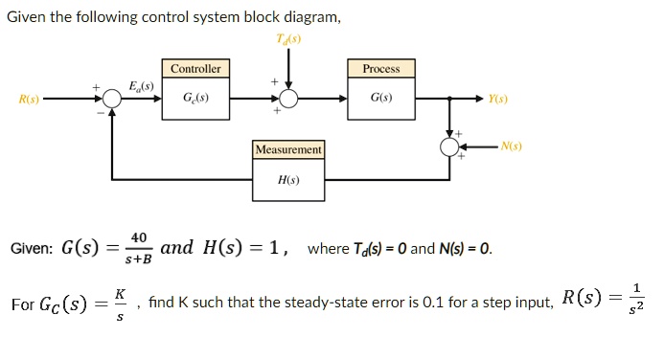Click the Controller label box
tap(195, 69)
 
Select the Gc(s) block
tap(195, 99)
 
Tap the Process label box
tap(381, 69)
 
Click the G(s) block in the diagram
tap(381, 99)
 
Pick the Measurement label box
tap(288, 150)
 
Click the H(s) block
tap(288, 180)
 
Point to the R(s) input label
tap(30, 99)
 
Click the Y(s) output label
tap(498, 99)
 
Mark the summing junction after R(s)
tap(112, 99)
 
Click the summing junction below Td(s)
tap(287, 99)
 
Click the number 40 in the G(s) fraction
tap(139, 237)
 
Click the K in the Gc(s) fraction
tap(120, 294)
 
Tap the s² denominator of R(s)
tap(638, 309)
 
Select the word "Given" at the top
tap(29, 16)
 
